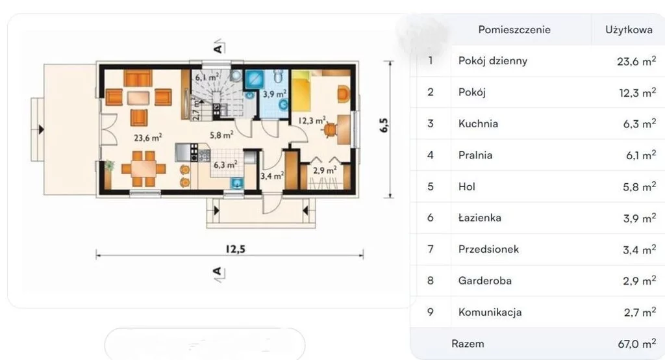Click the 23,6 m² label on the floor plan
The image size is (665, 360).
point(147,138)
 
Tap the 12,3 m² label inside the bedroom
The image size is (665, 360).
point(312,121)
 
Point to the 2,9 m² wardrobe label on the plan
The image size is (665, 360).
point(325,170)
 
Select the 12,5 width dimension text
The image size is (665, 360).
point(235,249)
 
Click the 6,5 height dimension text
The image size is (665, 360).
point(383,125)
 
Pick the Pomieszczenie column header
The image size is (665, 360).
point(514,30)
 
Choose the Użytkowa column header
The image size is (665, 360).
point(629,30)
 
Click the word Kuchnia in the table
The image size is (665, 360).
point(478,123)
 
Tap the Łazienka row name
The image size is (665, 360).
point(480,218)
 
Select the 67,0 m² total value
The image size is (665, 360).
point(636,344)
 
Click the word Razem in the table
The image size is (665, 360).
point(468,344)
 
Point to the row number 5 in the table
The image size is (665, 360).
point(431,186)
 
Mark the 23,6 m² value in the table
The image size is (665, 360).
point(636,61)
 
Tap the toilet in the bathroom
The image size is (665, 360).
point(278,75)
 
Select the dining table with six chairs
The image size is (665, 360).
point(144,169)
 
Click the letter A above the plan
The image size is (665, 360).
point(218,48)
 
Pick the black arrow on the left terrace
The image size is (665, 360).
point(41,129)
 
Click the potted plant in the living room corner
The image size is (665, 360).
point(109,165)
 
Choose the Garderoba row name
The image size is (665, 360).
point(484,281)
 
